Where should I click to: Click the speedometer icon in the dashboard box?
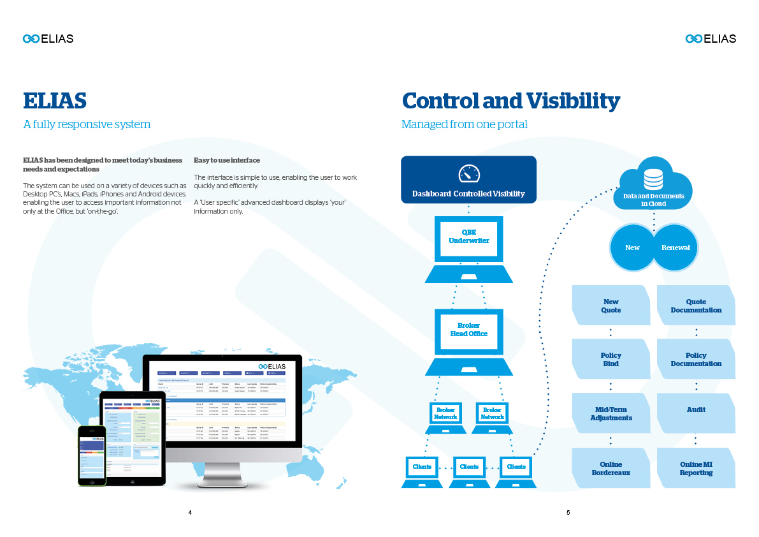tap(468, 173)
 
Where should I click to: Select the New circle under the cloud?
tap(632, 247)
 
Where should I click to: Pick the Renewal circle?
tap(675, 247)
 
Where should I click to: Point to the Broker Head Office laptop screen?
tap(468, 330)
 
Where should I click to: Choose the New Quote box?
tap(611, 305)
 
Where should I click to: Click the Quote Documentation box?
tap(696, 305)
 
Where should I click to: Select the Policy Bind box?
tap(611, 359)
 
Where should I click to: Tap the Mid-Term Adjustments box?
tap(611, 413)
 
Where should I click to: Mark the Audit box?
tap(696, 410)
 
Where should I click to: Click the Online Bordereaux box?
tap(611, 468)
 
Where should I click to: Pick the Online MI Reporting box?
tap(696, 468)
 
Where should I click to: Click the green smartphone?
tap(92, 455)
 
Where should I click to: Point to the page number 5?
tap(568, 512)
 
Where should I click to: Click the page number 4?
tap(190, 512)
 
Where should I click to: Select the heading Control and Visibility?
tap(510, 101)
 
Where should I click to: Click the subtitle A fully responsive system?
tap(87, 124)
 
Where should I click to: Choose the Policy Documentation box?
tap(696, 359)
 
